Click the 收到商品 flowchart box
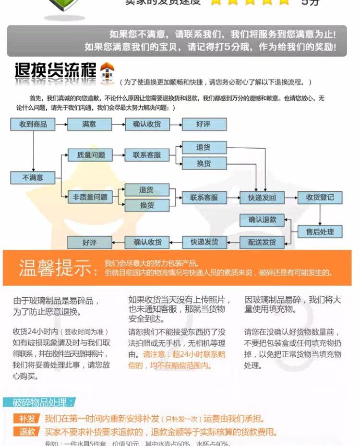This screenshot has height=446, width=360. (x=33, y=124)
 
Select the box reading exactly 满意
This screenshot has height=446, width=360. (x=89, y=124)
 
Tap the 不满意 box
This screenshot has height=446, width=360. (x=33, y=177)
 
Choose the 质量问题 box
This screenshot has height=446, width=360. (x=89, y=154)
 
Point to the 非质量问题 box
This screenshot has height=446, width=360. (x=89, y=197)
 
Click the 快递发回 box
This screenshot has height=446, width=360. (x=262, y=198)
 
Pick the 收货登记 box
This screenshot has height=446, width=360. (x=320, y=198)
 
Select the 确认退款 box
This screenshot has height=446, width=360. (x=262, y=220)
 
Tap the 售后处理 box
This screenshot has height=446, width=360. (x=320, y=232)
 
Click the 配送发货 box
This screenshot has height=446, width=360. (x=262, y=243)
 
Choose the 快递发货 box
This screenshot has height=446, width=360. (x=204, y=243)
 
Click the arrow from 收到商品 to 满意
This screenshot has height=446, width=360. (x=61, y=124)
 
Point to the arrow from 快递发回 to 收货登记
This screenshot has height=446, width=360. (x=291, y=198)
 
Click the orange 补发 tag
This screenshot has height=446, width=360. (x=27, y=419)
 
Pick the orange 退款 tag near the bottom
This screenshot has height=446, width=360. (x=27, y=432)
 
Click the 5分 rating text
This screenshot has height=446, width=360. (x=310, y=2)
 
